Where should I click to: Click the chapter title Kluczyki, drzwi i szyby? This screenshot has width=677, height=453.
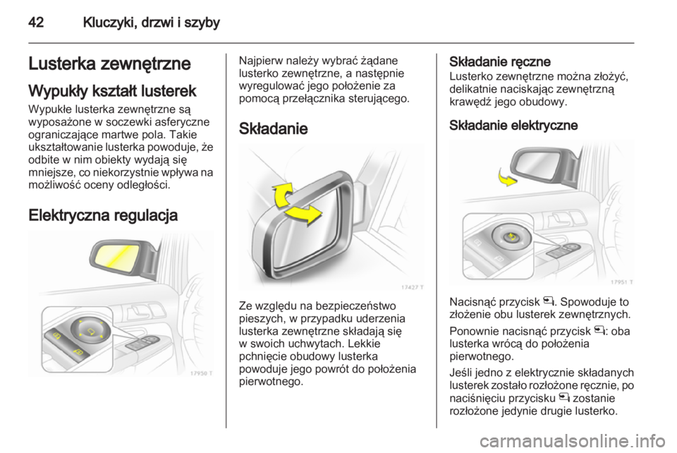click(152, 23)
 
